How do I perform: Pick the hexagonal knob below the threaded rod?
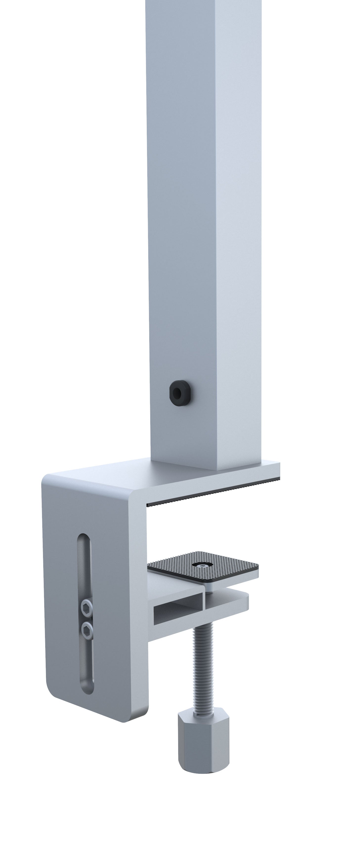click(203, 734)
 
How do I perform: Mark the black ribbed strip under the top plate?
click(213, 492)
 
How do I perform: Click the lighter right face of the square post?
click(238, 233)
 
